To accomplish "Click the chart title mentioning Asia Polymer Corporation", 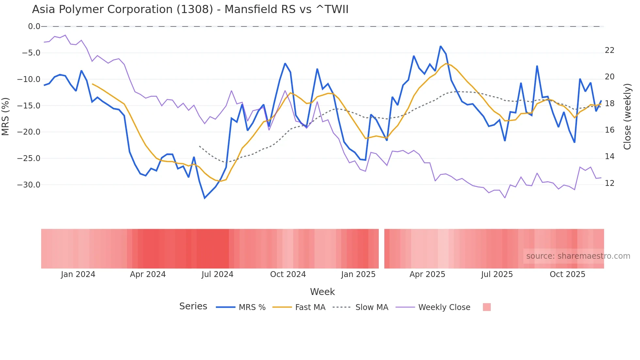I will click(x=190, y=9).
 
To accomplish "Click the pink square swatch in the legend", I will click(x=487, y=307).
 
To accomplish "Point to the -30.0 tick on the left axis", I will click(x=29, y=185).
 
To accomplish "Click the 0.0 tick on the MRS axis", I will click(x=34, y=26).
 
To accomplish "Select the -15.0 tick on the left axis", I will click(x=29, y=106).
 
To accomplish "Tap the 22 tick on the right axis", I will click(x=609, y=50).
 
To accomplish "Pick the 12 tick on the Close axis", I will click(x=609, y=183).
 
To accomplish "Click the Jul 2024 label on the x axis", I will click(x=217, y=274).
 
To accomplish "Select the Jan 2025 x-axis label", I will click(x=358, y=274).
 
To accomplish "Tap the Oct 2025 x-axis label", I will click(x=567, y=274).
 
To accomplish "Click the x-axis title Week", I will click(x=322, y=292).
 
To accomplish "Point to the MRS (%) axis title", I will click(x=6, y=116).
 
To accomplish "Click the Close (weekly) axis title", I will click(x=627, y=116).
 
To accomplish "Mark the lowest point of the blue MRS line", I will click(x=205, y=198).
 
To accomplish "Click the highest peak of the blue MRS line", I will click(x=440, y=46).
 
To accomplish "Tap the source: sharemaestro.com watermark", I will click(x=578, y=256).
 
